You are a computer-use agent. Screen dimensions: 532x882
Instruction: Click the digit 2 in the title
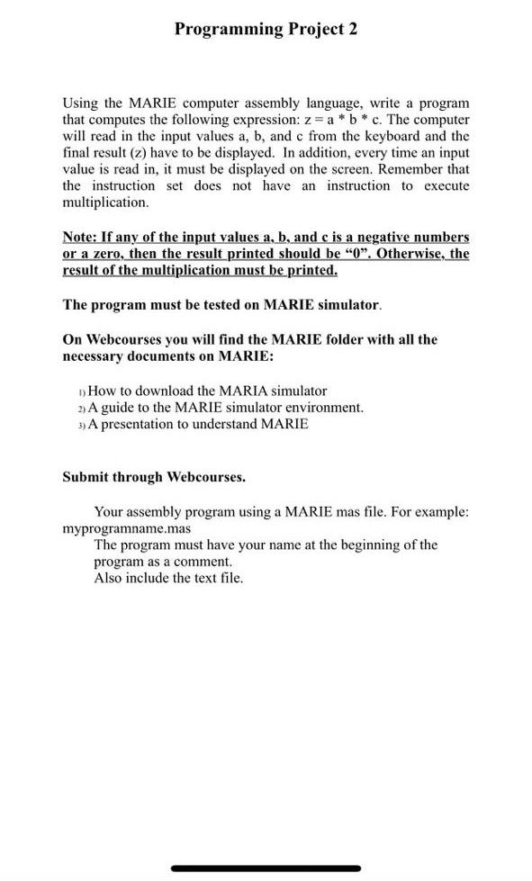(353, 29)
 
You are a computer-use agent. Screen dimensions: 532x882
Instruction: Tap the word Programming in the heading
(229, 30)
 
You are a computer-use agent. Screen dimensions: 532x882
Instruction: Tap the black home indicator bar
(266, 868)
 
